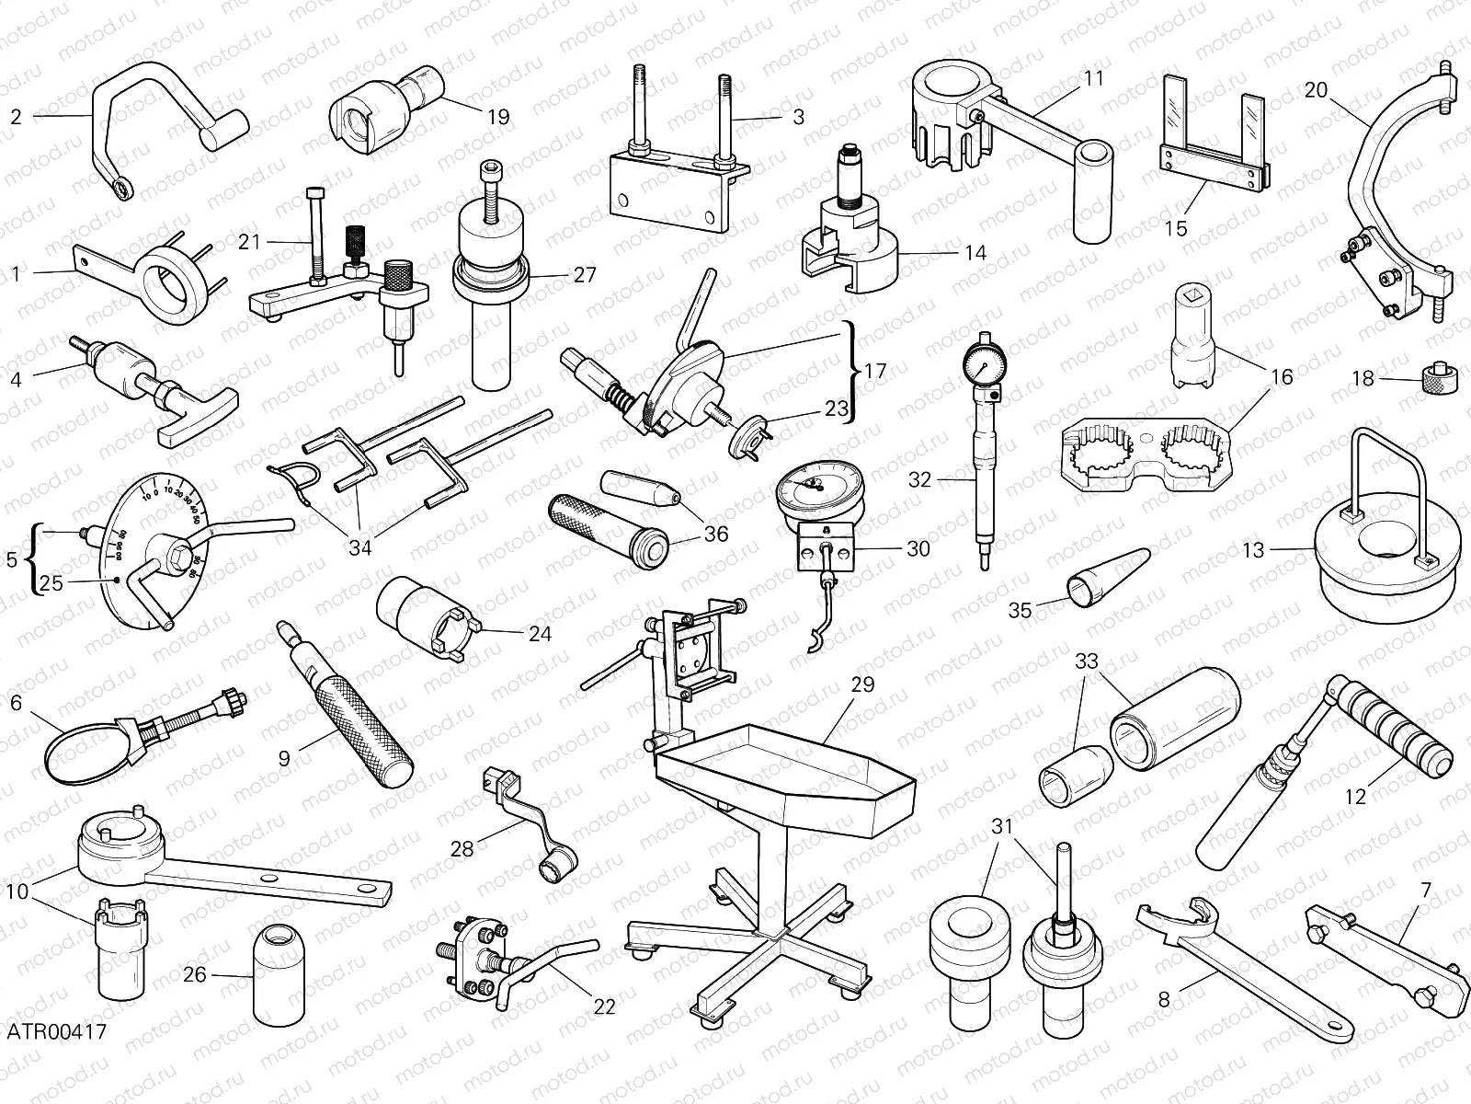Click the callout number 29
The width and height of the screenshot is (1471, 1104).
(x=862, y=685)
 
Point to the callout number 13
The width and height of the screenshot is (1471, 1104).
(x=1253, y=550)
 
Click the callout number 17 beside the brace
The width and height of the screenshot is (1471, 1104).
(x=875, y=371)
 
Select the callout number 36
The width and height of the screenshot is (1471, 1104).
(x=715, y=534)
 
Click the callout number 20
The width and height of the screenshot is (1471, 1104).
(x=1316, y=90)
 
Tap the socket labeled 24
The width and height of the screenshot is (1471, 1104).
(x=428, y=616)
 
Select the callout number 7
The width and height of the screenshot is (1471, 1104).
(x=1426, y=890)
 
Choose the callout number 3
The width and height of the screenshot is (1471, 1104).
(x=798, y=117)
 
